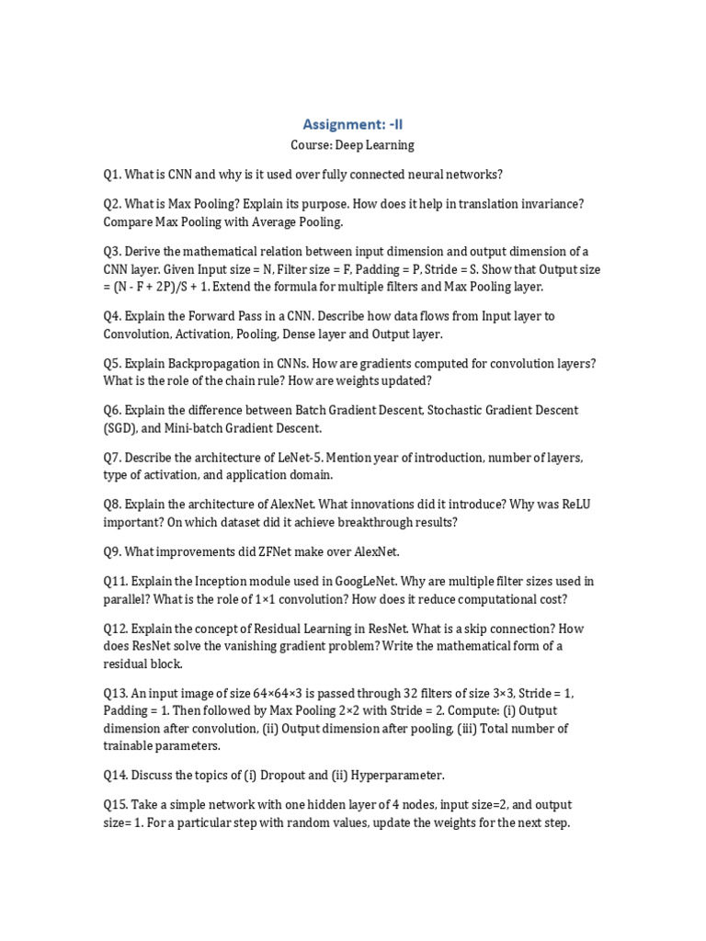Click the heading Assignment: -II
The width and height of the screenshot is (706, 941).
point(352,123)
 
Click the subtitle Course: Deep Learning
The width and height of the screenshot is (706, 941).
point(352,145)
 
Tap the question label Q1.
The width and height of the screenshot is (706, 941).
point(112,175)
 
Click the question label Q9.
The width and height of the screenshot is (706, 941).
point(112,552)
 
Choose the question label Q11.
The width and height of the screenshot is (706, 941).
point(115,582)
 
